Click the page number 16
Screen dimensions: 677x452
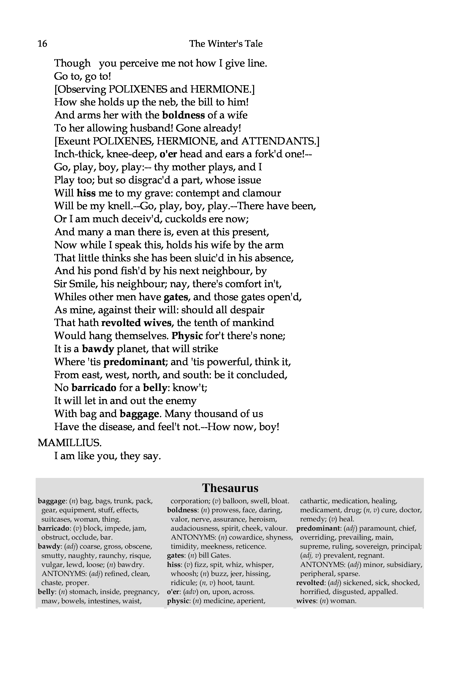point(42,44)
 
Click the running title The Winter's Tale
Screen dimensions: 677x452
point(226,44)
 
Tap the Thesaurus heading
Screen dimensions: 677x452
point(230,488)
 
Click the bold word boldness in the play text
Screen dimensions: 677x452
point(183,115)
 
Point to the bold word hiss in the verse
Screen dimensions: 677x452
point(86,193)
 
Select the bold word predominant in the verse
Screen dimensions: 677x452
point(134,362)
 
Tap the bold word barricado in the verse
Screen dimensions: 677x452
point(94,388)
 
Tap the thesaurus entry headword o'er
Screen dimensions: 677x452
point(174,592)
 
